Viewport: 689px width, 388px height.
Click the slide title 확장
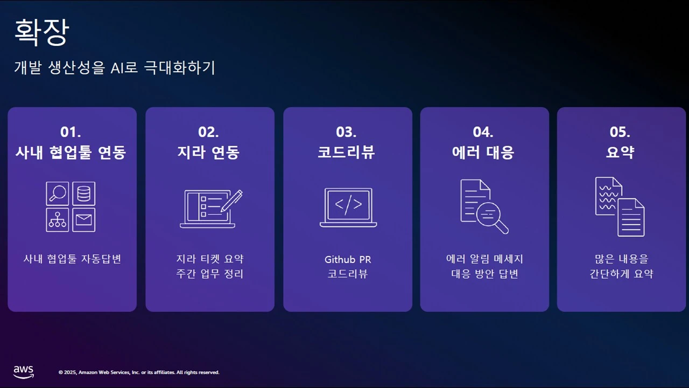click(x=41, y=33)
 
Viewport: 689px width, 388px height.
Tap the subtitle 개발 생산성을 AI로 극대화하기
click(x=115, y=68)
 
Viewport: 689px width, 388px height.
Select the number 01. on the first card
click(x=71, y=132)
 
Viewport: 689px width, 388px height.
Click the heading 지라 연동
click(x=208, y=153)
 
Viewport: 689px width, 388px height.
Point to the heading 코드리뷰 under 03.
click(x=346, y=153)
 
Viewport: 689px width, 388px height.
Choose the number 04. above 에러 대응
click(x=483, y=132)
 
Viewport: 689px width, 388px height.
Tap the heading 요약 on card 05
click(x=620, y=153)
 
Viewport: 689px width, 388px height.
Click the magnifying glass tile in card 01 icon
click(x=58, y=193)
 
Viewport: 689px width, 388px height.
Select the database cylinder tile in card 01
click(x=84, y=193)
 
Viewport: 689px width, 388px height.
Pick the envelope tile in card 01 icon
click(x=84, y=220)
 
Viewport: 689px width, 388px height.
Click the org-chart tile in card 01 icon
click(x=58, y=220)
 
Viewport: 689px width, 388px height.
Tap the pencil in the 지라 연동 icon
click(x=232, y=200)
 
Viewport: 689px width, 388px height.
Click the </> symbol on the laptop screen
click(x=348, y=205)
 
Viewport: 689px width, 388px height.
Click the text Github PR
click(x=348, y=259)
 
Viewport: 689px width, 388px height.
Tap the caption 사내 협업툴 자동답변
click(x=72, y=259)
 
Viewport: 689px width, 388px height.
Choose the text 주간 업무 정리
click(x=210, y=274)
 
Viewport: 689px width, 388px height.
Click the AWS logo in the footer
click(x=24, y=371)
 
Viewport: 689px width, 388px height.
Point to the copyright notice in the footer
click(x=139, y=372)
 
